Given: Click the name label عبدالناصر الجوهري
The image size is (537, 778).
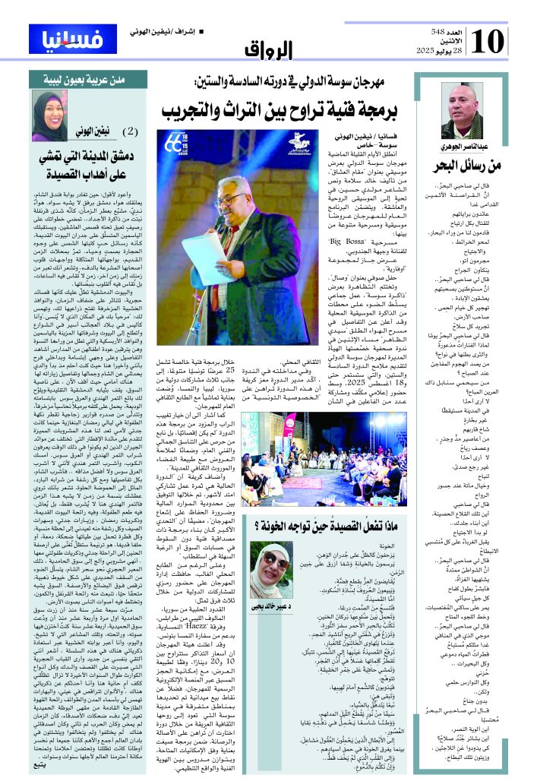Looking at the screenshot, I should point(462,144).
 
